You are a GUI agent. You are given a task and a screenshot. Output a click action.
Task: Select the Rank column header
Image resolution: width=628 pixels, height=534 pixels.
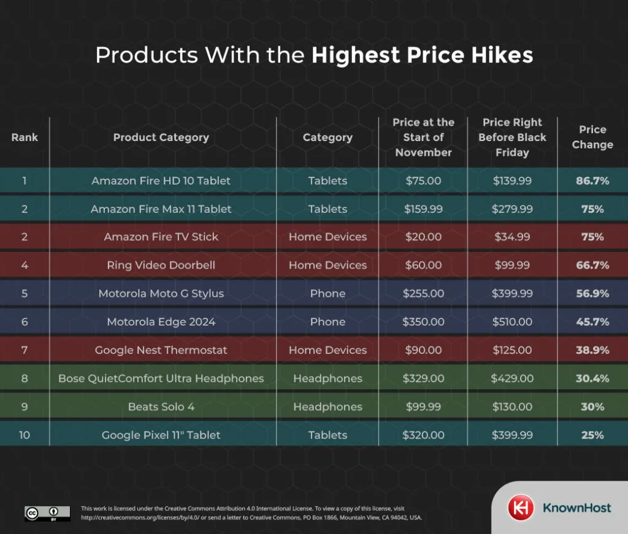[x=25, y=137]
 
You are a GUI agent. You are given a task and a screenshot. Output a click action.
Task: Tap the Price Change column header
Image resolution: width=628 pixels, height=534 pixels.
[x=592, y=137]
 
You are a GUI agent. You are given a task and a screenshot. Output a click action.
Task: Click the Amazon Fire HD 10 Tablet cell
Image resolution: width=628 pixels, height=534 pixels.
[x=161, y=181]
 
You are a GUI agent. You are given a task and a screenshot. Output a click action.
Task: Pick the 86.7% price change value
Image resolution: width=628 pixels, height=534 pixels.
[x=592, y=181]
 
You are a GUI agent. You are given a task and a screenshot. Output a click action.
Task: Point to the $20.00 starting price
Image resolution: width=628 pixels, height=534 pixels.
[x=423, y=237]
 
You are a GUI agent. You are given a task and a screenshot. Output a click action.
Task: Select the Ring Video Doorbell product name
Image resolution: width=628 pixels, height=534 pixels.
[x=161, y=265]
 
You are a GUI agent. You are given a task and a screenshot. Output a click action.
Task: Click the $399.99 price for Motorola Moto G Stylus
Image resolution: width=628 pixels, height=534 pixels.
[x=512, y=294]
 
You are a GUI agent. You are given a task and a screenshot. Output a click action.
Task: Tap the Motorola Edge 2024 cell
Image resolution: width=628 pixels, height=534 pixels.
[x=161, y=322]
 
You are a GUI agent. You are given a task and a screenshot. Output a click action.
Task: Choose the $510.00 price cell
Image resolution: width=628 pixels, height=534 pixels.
[x=512, y=322]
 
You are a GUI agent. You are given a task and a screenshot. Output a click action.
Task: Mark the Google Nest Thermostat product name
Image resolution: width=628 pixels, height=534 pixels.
[x=161, y=350]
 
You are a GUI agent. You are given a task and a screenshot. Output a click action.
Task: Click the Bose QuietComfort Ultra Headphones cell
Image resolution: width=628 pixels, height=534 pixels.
[x=161, y=378]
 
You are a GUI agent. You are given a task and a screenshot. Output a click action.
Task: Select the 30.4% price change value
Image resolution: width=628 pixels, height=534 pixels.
[x=592, y=378]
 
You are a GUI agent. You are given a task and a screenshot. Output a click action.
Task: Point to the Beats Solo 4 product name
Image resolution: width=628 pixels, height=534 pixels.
[x=161, y=406]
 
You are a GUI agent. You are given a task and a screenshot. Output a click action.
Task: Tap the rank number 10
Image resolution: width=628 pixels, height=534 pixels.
[x=25, y=435]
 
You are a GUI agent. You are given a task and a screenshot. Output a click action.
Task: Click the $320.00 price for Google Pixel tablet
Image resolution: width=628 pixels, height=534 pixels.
[x=423, y=435]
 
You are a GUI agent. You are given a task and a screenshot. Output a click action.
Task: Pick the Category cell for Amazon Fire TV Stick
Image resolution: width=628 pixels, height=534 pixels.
[x=327, y=237]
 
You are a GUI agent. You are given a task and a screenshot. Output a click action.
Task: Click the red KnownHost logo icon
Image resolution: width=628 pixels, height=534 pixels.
[x=520, y=508]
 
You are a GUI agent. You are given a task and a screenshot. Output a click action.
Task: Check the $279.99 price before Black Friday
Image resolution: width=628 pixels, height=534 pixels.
[x=512, y=209]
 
